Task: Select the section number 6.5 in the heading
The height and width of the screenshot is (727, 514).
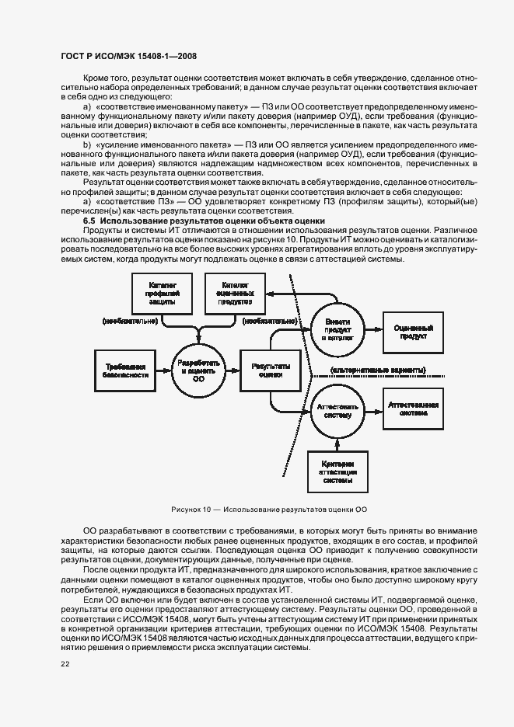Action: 89,221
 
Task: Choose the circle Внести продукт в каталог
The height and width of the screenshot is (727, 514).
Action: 337,330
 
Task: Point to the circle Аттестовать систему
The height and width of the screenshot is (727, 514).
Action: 337,409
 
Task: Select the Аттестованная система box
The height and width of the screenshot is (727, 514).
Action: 414,409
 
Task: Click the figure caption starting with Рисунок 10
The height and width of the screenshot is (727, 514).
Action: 269,510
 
